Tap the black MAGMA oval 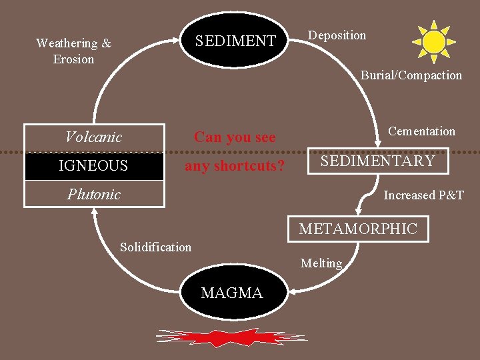pos(232,293)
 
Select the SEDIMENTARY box pos(377,161)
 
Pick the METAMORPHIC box pos(357,229)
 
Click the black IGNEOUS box pos(94,166)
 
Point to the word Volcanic pos(94,137)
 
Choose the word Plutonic pos(94,194)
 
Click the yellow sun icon pos(434,41)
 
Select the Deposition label pos(337,35)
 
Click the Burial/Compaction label pos(411,75)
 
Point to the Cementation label pos(421,131)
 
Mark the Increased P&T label pos(423,195)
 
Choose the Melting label pos(321,263)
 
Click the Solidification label pos(155,247)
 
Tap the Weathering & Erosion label pos(74,51)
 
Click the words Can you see pos(235,137)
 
